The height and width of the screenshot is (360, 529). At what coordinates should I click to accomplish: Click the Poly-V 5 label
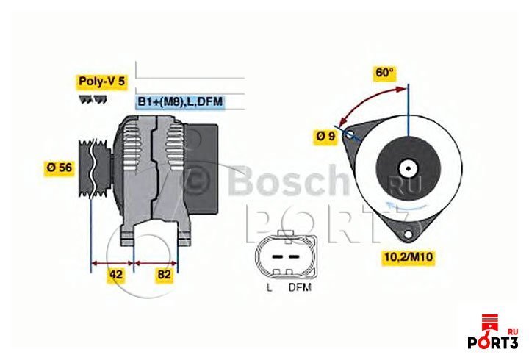[x=101, y=82]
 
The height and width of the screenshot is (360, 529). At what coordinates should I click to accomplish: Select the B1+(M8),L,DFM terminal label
[x=180, y=101]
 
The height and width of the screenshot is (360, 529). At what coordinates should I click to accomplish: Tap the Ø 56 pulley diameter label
[x=60, y=167]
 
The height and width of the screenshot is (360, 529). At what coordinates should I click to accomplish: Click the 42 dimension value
[x=116, y=274]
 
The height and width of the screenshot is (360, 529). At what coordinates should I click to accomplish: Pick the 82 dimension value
[x=165, y=274]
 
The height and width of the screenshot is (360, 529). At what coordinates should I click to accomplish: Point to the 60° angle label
[x=384, y=72]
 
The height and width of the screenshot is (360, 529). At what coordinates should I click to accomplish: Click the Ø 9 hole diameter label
[x=325, y=137]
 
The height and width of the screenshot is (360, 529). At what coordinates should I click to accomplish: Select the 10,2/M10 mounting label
[x=409, y=257]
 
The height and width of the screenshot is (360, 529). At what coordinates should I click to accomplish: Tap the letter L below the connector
[x=269, y=288]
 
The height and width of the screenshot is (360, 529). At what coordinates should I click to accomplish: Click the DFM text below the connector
[x=300, y=288]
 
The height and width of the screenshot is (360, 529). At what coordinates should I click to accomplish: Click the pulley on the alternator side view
[x=93, y=168]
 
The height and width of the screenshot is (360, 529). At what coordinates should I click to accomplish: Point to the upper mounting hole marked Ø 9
[x=350, y=134]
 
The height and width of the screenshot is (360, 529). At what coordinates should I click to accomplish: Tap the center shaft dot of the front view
[x=409, y=168]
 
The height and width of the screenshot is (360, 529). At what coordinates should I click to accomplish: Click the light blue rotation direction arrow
[x=405, y=205]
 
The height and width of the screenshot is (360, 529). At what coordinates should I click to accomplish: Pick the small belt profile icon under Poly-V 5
[x=93, y=99]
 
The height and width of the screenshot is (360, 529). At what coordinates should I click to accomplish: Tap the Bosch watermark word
[x=289, y=181]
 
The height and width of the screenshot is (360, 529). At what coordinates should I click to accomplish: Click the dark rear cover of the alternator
[x=203, y=169]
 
